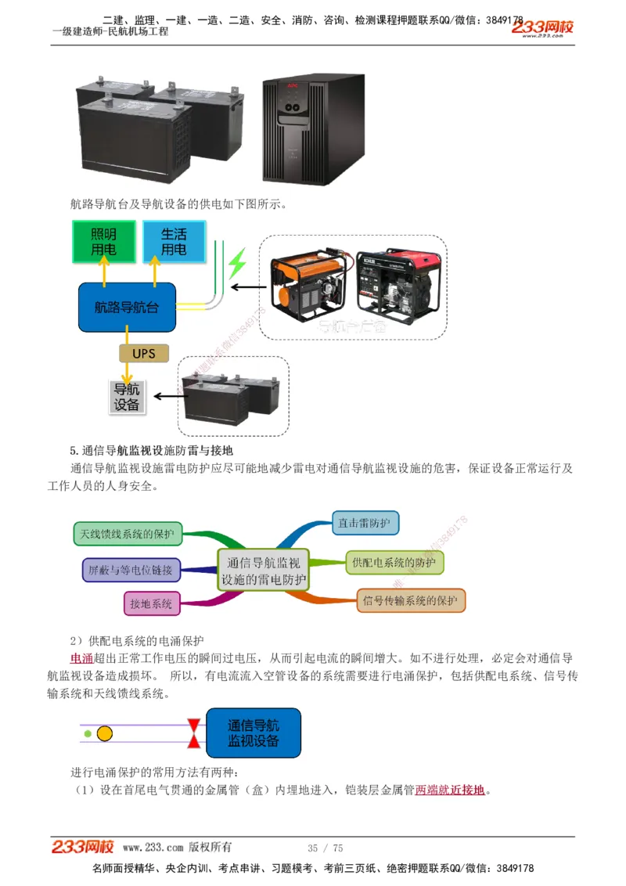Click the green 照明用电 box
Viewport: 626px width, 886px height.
(x=103, y=241)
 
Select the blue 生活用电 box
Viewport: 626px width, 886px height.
(x=174, y=241)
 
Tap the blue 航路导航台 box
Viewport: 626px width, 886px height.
(x=126, y=308)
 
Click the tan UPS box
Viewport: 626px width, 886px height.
(x=143, y=354)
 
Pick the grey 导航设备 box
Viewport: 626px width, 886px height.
(x=127, y=397)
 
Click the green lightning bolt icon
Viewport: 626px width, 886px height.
(x=236, y=264)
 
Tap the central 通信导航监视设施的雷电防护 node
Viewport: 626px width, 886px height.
(x=264, y=571)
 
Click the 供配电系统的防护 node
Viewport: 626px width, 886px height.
(x=394, y=562)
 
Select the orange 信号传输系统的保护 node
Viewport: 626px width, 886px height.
(x=410, y=601)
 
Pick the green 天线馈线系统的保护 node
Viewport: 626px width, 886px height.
(x=128, y=534)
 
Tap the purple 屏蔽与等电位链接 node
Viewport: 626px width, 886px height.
(x=131, y=569)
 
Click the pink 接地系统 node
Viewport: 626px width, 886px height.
(x=151, y=603)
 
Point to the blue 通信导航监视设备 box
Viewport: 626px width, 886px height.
(x=253, y=733)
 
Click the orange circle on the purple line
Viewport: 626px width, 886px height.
(x=104, y=733)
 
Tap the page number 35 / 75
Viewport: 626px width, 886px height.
(x=326, y=848)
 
